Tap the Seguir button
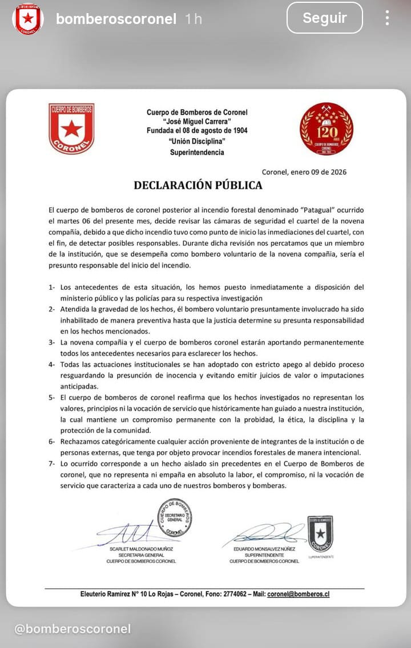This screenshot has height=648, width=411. pos(324,18)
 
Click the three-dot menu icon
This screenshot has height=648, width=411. pos(387,18)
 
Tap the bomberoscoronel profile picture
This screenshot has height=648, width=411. pos(28,18)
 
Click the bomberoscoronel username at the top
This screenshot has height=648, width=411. pos(116,19)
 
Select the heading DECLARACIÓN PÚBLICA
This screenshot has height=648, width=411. pos(198,185)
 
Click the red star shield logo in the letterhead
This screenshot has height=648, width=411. pos(71,128)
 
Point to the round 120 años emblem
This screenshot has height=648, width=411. pos(327,129)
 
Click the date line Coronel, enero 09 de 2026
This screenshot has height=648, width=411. pos(304,172)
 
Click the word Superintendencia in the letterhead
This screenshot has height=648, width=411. pos(197,152)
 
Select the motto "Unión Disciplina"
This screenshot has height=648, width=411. pos(197,141)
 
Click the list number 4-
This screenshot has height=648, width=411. pos(52,364)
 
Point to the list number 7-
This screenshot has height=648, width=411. pos(52,463)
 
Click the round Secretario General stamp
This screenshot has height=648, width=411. pos(175,517)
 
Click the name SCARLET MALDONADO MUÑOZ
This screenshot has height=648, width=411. pos(141,549)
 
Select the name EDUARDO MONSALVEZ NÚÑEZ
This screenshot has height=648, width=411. pos(264,549)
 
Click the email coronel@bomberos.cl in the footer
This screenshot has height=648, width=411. pos(299,594)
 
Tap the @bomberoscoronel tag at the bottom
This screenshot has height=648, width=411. pos(72,629)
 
